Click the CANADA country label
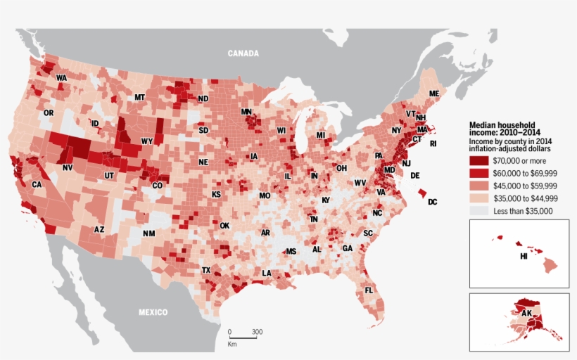point(243,53)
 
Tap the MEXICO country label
point(153,312)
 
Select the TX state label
point(207,270)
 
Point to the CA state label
point(37,185)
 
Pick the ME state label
point(434,94)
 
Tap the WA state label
point(61,78)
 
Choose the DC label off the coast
point(432,202)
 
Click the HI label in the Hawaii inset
point(524,257)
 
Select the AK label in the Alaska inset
point(526,314)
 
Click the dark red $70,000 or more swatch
point(479,161)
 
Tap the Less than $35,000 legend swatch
point(479,211)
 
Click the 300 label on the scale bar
point(257,332)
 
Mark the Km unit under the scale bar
point(232,344)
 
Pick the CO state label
point(158,186)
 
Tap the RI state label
point(433,143)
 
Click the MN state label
point(246,112)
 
